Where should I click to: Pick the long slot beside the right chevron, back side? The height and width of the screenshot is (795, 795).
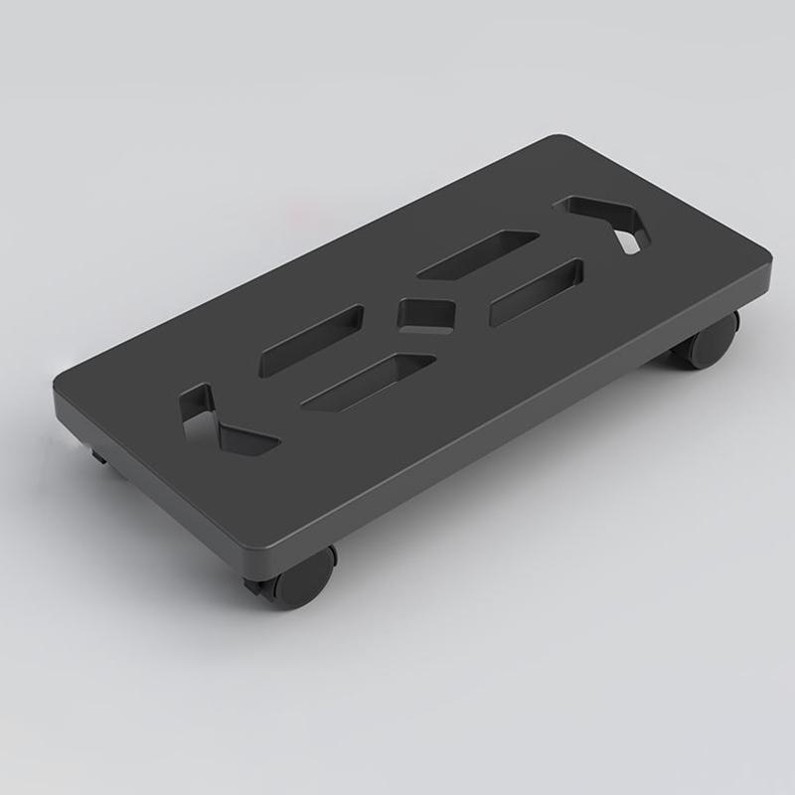(478, 252)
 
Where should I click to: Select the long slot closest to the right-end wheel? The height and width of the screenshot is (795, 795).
(537, 292)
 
